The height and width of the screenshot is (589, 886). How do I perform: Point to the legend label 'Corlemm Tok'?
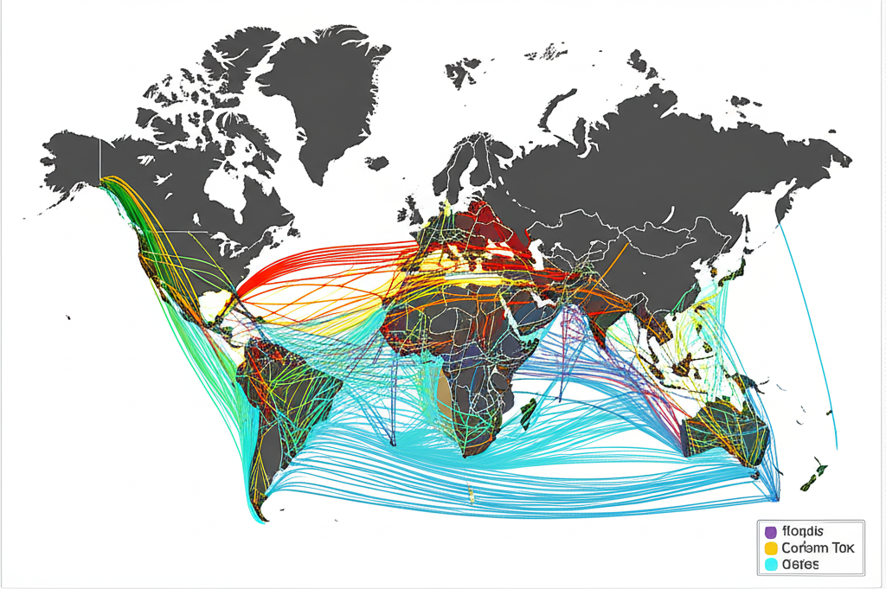817,548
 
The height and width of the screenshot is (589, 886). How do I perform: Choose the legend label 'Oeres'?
800,566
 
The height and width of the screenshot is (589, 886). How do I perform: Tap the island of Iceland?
376,162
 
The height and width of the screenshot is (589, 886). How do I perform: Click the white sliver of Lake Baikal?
666,213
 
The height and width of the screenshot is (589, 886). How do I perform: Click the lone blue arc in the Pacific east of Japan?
813,329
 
